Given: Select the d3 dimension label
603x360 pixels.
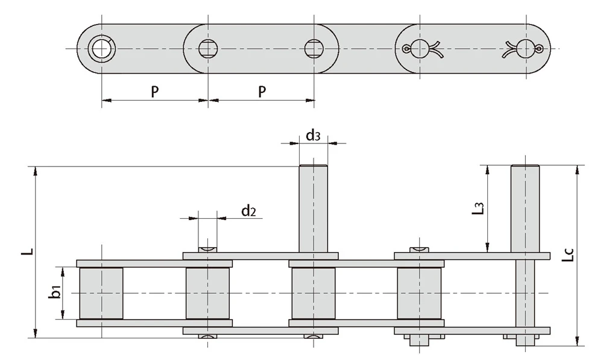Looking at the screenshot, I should coord(313,135).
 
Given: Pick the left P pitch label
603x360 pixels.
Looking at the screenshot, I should coord(154,92).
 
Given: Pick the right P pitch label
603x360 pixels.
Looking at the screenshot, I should coord(262,92).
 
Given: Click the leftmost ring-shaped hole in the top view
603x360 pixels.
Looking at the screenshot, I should coord(101,48).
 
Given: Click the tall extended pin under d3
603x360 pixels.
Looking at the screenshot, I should coord(314,208).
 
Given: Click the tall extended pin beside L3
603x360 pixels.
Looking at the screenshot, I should coord(525,208).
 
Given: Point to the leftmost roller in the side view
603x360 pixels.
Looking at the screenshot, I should coord(101,293).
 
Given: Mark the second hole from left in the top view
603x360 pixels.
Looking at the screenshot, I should coord(207,48).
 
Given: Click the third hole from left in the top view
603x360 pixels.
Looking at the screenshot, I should coord(314,48).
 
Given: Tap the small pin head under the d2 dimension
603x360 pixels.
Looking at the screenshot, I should coord(207,248).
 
